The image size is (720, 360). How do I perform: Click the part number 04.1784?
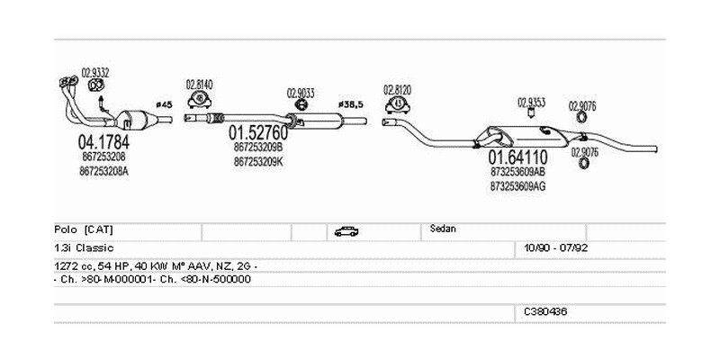(x=103, y=141)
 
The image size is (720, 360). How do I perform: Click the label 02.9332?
(x=95, y=72)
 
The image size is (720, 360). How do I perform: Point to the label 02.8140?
(x=199, y=85)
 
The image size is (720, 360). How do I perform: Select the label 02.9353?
(x=531, y=102)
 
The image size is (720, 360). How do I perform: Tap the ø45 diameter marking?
(x=164, y=104)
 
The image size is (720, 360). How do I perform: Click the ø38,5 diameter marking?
(x=350, y=104)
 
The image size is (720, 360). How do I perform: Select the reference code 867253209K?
(x=257, y=161)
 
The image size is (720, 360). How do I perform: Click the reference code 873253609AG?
(x=517, y=186)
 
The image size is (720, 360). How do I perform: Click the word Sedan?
(x=444, y=229)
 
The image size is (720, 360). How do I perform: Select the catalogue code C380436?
(x=545, y=311)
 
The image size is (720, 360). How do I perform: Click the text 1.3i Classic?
(x=83, y=247)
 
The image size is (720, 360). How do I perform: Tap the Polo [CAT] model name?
(x=83, y=229)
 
